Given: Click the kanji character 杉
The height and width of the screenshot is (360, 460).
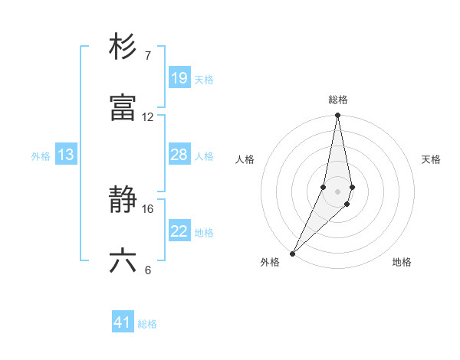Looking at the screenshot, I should coord(123,47).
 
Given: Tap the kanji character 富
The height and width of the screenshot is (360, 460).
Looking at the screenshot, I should coord(123,108).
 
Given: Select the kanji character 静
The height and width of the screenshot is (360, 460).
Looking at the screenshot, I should coord(123,201).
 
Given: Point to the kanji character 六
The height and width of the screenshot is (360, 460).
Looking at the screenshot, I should coord(123,261).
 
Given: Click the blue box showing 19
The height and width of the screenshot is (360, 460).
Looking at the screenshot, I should coord(179,78).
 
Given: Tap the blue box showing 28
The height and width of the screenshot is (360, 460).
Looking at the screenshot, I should coord(179,155).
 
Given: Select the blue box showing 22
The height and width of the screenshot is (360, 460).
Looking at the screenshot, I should coord(179,231).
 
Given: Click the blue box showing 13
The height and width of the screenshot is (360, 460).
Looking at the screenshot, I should coord(66,155).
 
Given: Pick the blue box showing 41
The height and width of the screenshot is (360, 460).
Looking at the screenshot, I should coord(123,323).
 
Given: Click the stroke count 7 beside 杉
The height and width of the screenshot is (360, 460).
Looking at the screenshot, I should coord(148,55).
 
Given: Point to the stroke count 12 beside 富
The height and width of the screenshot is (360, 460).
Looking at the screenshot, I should coord(148,117).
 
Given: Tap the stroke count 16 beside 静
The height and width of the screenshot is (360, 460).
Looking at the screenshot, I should coord(148,208).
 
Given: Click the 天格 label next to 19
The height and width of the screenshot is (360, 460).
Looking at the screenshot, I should coord(204,79).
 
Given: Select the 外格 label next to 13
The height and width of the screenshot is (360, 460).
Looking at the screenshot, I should coord(41,156).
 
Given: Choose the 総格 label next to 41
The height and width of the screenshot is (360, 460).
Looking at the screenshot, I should coord(147,324).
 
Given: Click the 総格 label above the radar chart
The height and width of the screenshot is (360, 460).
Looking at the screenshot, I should coord(338,100).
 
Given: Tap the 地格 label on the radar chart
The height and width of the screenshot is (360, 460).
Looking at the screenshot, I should coord(402,263).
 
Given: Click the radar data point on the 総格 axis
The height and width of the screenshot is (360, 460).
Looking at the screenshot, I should coord(338,116).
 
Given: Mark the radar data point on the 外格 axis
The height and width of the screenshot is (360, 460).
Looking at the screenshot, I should coord(293,253).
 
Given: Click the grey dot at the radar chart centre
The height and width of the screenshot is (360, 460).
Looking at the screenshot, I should coord(338,191).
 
